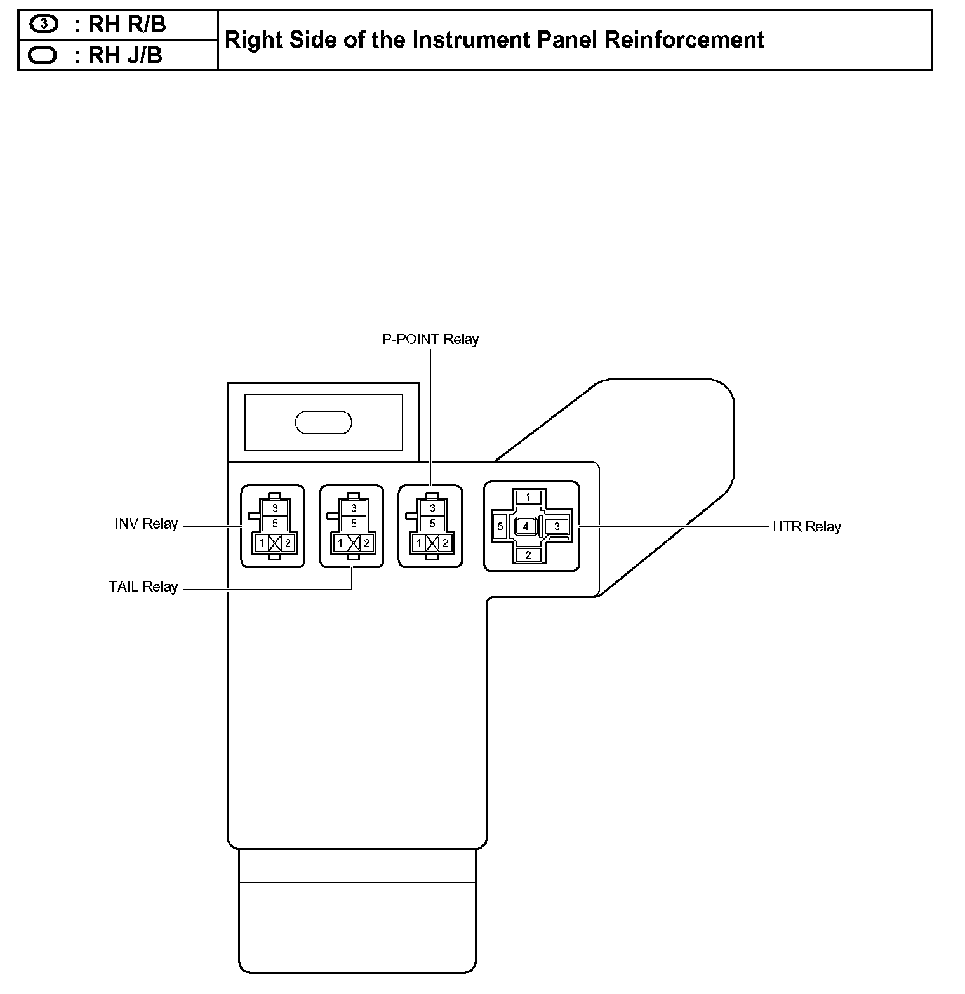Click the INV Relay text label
146,524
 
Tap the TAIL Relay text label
143,587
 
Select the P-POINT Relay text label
430,339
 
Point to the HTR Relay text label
806,527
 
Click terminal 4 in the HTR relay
526,526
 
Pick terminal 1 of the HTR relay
528,497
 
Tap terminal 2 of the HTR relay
528,555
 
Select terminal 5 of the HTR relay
500,526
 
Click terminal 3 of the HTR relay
557,526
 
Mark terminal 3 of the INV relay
275,508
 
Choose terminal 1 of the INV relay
261,543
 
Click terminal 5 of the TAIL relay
354,524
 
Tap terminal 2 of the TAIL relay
366,543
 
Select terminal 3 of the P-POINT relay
432,508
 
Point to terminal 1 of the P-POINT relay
419,543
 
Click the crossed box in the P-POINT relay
432,543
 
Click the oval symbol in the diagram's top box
324,423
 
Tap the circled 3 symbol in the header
43,24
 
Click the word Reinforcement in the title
684,39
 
